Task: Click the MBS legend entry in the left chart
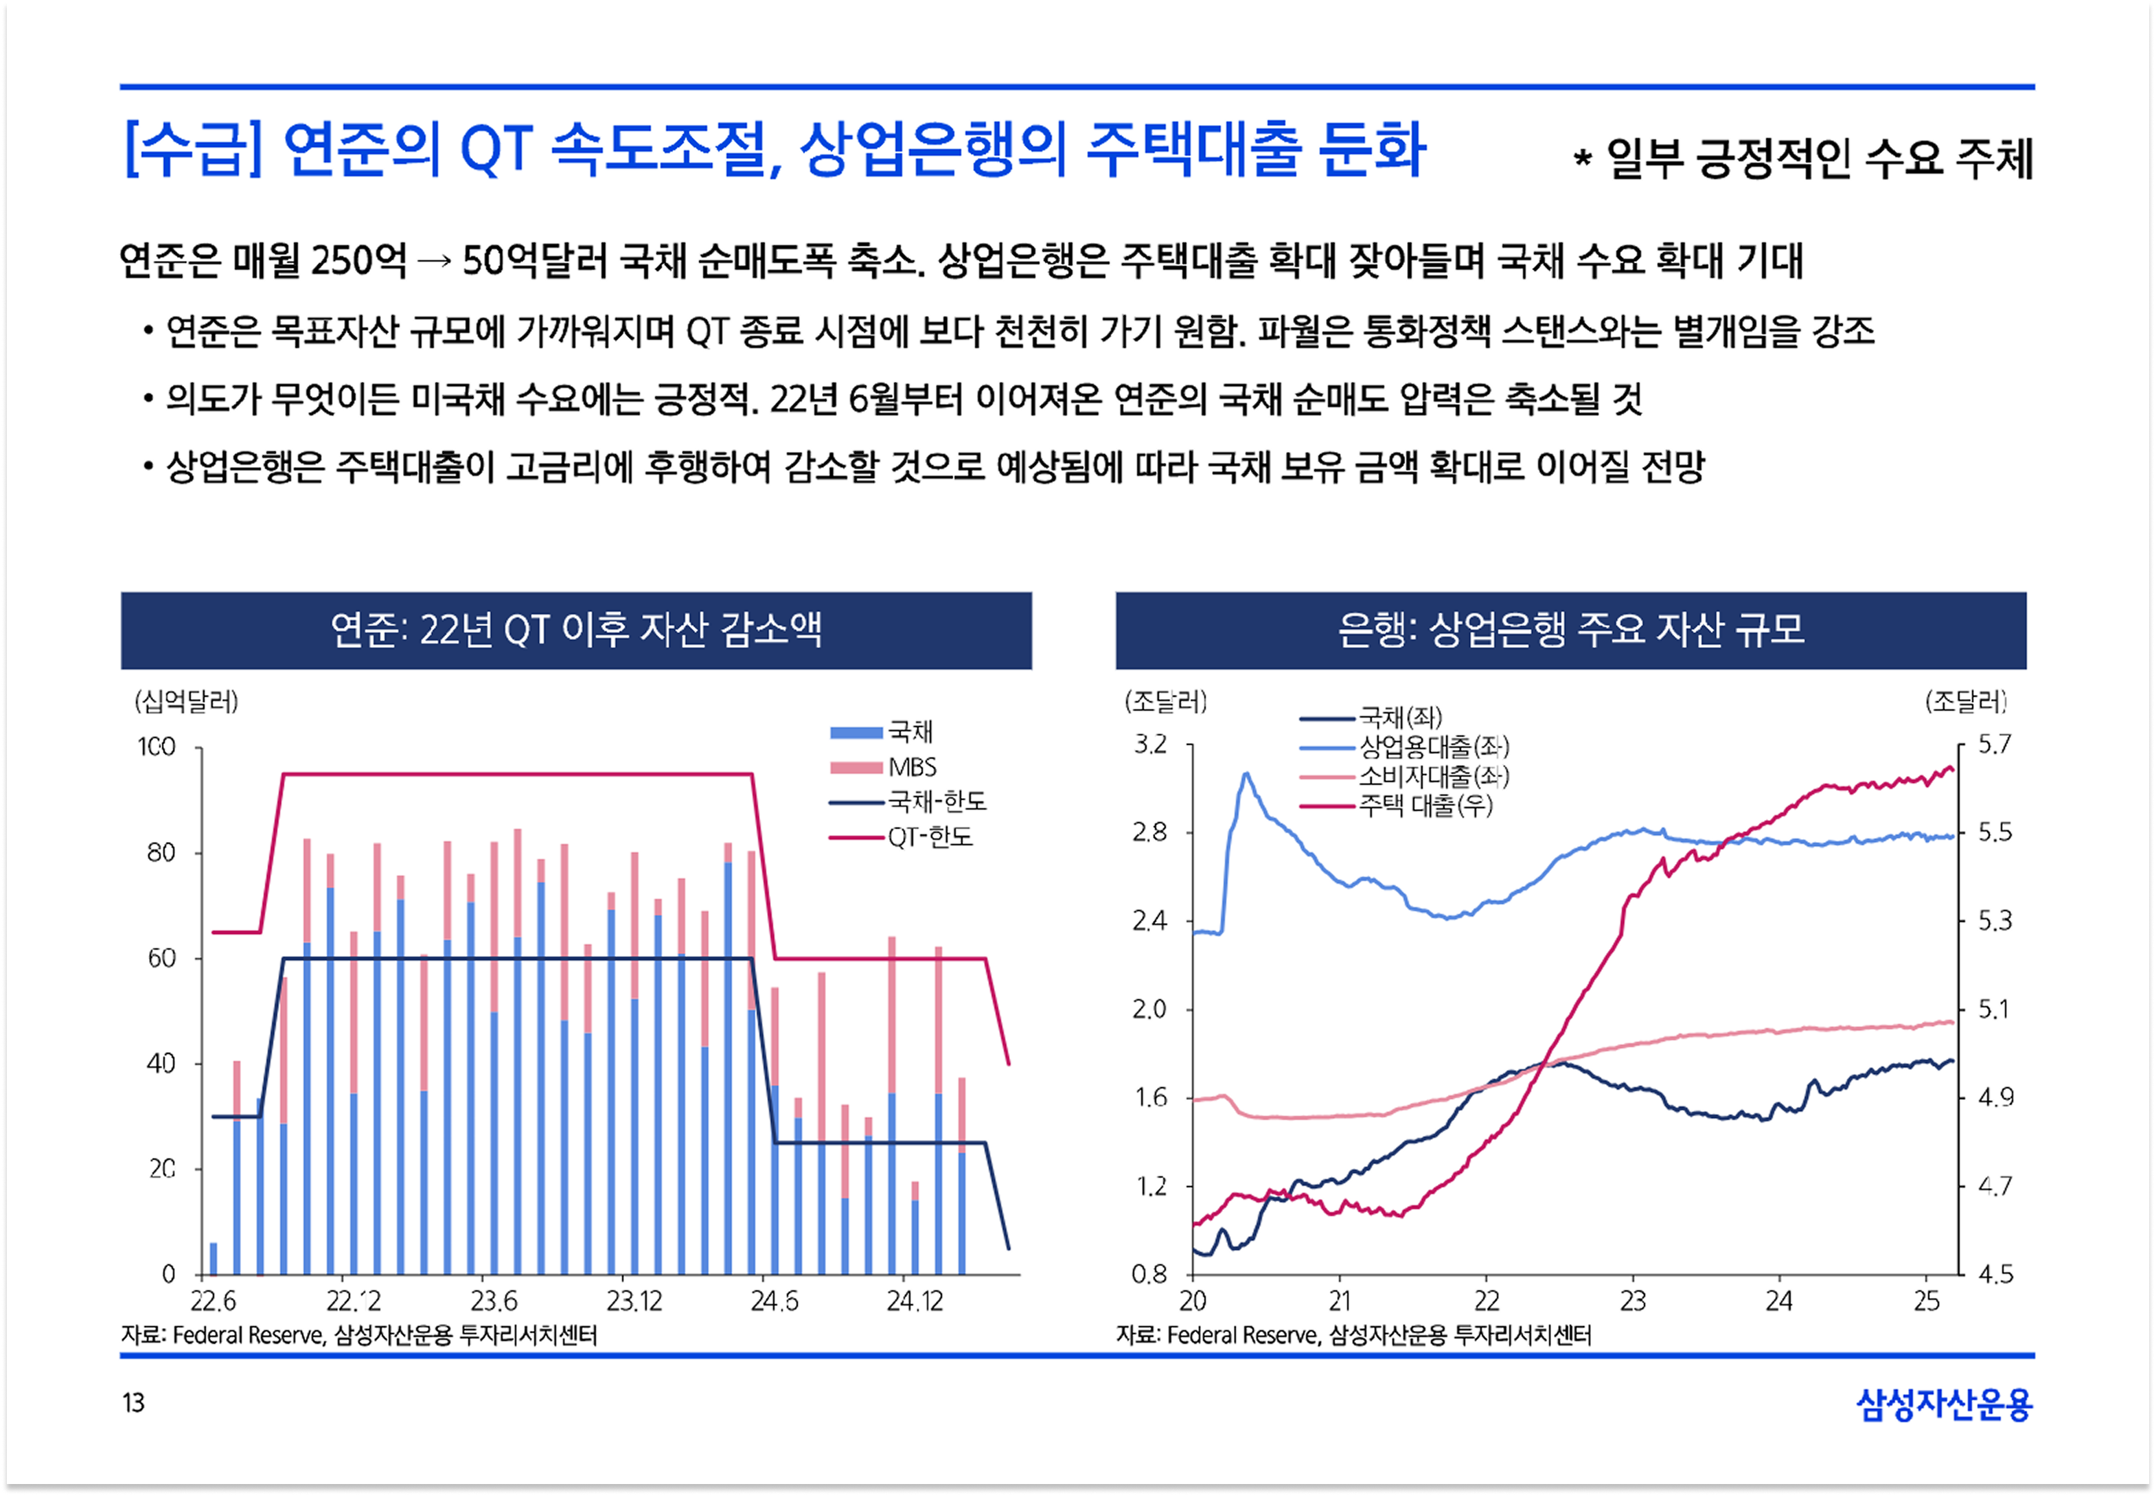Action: point(911,767)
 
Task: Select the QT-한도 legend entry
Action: point(929,836)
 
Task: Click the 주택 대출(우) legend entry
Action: point(1425,806)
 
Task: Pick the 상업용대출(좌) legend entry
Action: point(1433,746)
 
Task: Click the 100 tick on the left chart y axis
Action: point(157,747)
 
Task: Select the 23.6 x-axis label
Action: point(494,1301)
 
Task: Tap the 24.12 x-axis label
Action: point(914,1301)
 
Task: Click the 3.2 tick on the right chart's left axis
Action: point(1151,744)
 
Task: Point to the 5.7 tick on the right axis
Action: point(1994,744)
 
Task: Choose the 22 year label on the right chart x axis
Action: point(1487,1301)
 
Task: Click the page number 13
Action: point(133,1402)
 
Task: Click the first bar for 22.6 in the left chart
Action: point(214,1258)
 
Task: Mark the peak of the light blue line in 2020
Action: point(1246,774)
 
